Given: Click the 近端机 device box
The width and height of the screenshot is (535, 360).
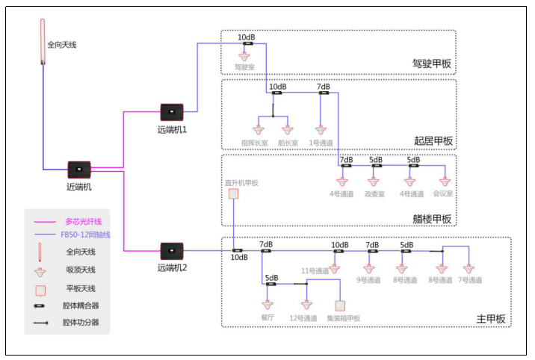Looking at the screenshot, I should coord(79,170).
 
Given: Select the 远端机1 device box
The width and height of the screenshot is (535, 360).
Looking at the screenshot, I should coord(172,113).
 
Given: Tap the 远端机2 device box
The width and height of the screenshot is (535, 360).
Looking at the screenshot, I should coord(172,250).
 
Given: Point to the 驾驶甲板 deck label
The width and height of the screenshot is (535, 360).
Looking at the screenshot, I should coord(432,64).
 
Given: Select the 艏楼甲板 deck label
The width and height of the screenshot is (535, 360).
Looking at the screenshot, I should coord(432,219).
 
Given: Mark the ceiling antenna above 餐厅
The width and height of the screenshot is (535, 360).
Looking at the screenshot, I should coord(269,305).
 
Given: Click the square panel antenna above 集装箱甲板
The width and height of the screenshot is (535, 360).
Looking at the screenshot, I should coord(341,305).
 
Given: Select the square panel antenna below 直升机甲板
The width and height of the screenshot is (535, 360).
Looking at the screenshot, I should coord(233,193).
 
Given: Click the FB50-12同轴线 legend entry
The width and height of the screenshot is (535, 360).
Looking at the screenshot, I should coord(85,235).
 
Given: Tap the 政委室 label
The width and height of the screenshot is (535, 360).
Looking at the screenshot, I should coord(374,194).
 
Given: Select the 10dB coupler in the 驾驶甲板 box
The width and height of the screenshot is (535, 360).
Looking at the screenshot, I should coord(246,43).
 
